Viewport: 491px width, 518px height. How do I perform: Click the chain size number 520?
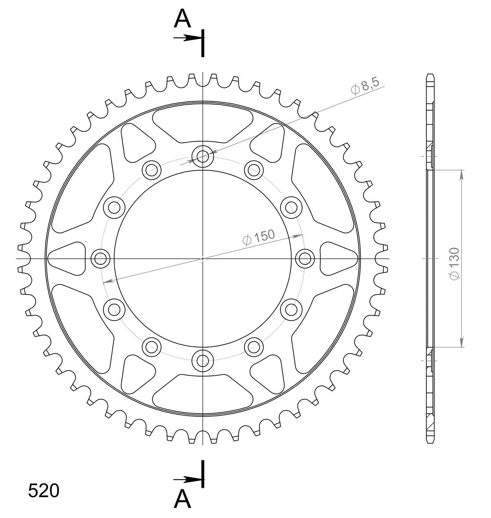(x=44, y=491)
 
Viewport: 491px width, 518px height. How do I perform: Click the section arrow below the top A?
(x=188, y=38)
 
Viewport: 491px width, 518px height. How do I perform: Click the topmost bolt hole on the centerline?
(x=203, y=156)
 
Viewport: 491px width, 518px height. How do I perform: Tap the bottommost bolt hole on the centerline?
(x=203, y=361)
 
